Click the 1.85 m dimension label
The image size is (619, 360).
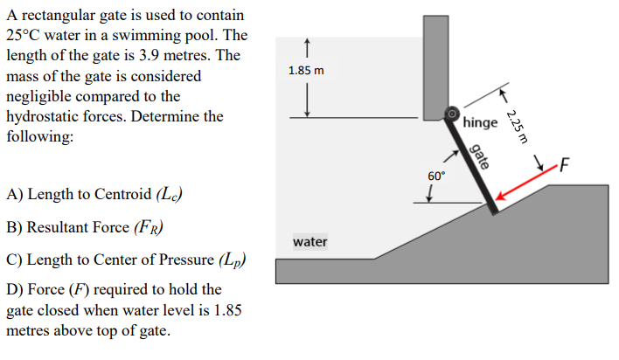pyautogui.click(x=306, y=71)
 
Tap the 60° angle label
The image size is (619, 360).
pyautogui.click(x=435, y=176)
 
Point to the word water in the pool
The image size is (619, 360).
pyautogui.click(x=310, y=241)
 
